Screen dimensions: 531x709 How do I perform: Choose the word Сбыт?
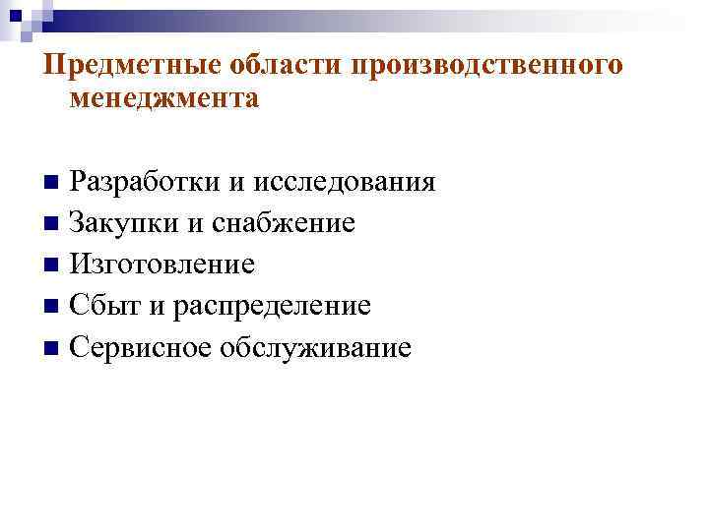coord(106,306)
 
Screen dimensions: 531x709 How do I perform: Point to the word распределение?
coord(273,306)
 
